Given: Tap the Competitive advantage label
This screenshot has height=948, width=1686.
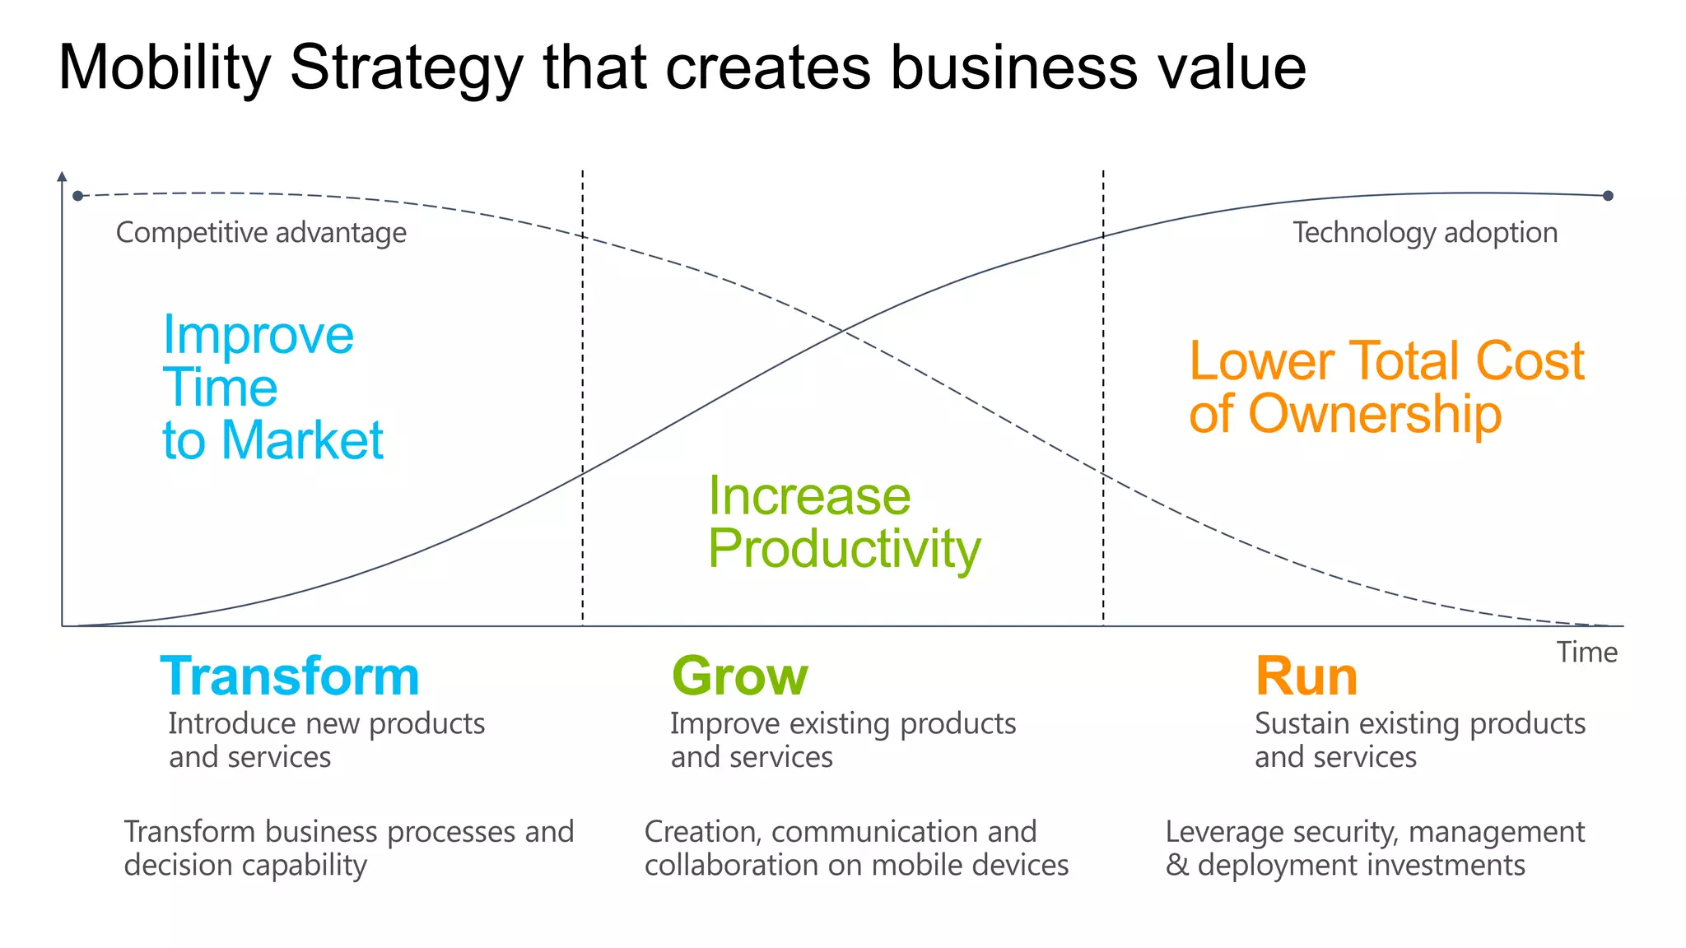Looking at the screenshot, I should [x=261, y=233].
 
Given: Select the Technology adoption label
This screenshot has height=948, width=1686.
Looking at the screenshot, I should [x=1424, y=233].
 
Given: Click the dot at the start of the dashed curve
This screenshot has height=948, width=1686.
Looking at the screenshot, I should [x=78, y=196].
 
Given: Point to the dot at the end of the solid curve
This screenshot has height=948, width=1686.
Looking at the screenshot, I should [x=1608, y=196].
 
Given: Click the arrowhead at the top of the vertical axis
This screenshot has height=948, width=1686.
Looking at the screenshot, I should [x=62, y=176].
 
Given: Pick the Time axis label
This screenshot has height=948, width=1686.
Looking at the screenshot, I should [x=1586, y=653].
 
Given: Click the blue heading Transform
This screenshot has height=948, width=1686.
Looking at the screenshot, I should [x=290, y=676].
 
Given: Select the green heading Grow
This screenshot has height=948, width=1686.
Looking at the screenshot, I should [x=739, y=676].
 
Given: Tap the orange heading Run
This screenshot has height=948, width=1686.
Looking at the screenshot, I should [x=1306, y=676].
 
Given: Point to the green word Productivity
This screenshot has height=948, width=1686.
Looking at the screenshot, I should [x=844, y=549].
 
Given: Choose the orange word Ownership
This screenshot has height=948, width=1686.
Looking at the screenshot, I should [x=1375, y=414].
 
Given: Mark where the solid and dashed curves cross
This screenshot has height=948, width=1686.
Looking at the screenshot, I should [x=843, y=331].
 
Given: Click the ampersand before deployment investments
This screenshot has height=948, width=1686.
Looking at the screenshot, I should [x=1176, y=866].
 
